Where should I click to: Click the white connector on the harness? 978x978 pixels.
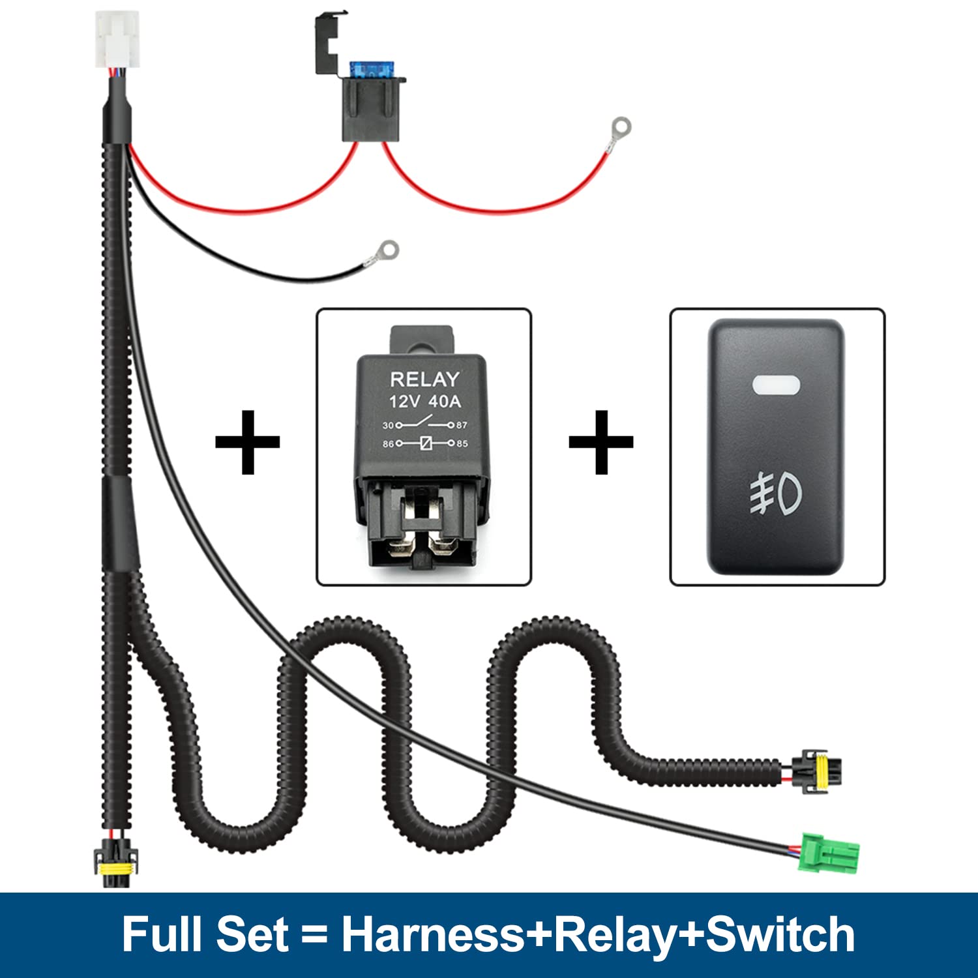tap(117, 39)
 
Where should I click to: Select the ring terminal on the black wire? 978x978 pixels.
tap(388, 250)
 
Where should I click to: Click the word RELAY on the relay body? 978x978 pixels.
tap(424, 379)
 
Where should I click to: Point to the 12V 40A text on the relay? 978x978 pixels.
tap(424, 402)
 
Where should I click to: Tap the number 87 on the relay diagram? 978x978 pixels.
tap(462, 425)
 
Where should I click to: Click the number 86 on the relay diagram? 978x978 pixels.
tap(388, 444)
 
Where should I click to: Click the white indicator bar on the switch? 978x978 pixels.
tap(776, 385)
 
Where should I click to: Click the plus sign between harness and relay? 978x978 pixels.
tap(247, 442)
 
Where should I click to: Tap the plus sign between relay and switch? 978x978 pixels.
tap(600, 442)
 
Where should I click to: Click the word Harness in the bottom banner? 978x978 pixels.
tap(433, 935)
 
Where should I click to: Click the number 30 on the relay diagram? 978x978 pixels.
tap(388, 425)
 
